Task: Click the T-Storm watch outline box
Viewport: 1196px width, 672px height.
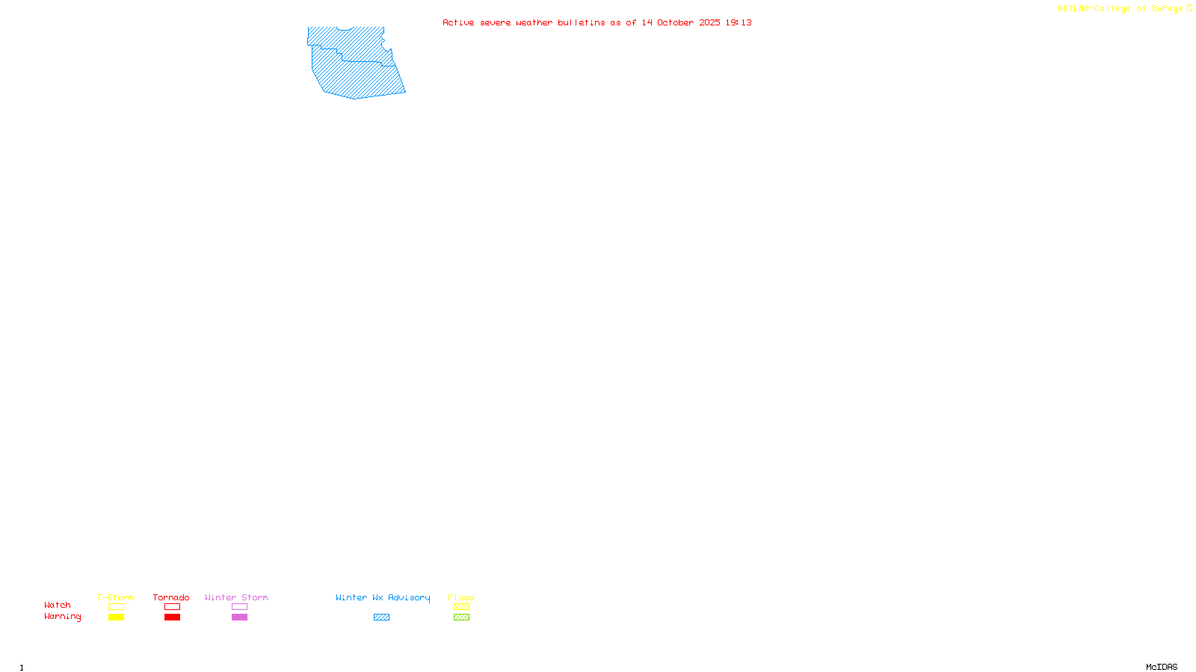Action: (x=116, y=607)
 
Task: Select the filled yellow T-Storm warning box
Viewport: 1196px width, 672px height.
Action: (x=116, y=617)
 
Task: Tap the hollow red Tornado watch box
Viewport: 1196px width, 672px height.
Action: (x=172, y=607)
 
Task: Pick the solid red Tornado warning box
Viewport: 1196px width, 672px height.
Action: (x=172, y=617)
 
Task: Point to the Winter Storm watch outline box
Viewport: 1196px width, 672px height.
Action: (x=239, y=607)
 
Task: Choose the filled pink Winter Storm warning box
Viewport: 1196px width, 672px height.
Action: (x=239, y=617)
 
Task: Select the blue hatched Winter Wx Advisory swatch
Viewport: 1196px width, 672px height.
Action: (x=381, y=617)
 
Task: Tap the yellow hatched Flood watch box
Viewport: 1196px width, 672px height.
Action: (x=461, y=607)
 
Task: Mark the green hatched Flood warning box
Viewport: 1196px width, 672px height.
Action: (x=461, y=617)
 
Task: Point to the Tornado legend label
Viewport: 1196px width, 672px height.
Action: (x=171, y=597)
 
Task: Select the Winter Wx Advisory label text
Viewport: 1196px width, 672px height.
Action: (x=383, y=597)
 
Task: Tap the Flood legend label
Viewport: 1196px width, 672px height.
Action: (x=461, y=597)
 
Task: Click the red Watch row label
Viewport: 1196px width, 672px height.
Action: (x=58, y=605)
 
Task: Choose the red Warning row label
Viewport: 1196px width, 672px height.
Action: (x=62, y=617)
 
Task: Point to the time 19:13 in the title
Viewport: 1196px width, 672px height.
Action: (x=739, y=22)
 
